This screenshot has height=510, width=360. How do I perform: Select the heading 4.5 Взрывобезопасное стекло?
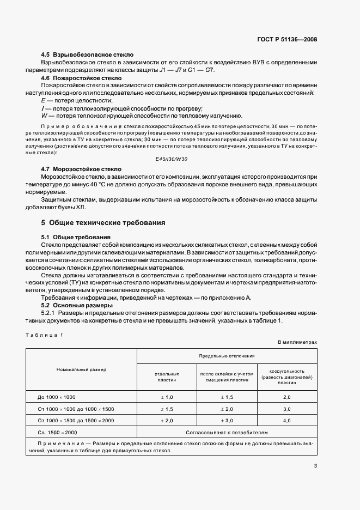(x=87, y=55)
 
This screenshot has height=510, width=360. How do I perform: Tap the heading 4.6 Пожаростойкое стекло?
(x=81, y=78)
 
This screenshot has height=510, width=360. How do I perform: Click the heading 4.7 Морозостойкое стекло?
(x=82, y=169)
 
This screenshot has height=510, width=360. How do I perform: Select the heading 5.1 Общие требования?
(x=76, y=237)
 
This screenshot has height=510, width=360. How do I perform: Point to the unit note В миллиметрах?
(x=297, y=342)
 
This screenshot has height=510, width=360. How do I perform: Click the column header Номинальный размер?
(x=81, y=369)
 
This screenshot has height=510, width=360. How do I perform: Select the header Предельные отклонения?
(x=227, y=356)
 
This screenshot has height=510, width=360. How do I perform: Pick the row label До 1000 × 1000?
(x=57, y=398)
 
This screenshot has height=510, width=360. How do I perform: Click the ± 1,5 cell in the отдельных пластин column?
(x=167, y=409)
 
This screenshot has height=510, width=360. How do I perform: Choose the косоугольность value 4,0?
(x=287, y=421)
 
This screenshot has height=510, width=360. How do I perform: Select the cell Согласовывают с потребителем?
(x=227, y=432)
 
